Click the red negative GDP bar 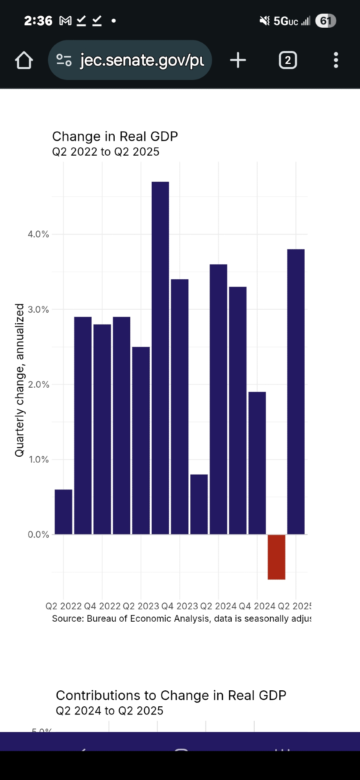pos(276,557)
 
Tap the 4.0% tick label pos(38,234)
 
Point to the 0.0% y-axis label pos(38,534)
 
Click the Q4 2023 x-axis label pos(179,606)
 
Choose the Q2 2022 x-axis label pos(64,606)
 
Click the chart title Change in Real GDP pos(115,136)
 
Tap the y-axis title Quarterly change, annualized pos(20,380)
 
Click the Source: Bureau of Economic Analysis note pos(181,619)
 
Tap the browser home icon pos(24,60)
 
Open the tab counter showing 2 pos(288,60)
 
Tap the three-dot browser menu pos(336,60)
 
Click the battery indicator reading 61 pos(325,21)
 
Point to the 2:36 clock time pos(38,21)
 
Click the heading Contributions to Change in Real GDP pos(171,695)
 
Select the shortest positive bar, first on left pos(63,512)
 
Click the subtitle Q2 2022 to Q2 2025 pos(106,152)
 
